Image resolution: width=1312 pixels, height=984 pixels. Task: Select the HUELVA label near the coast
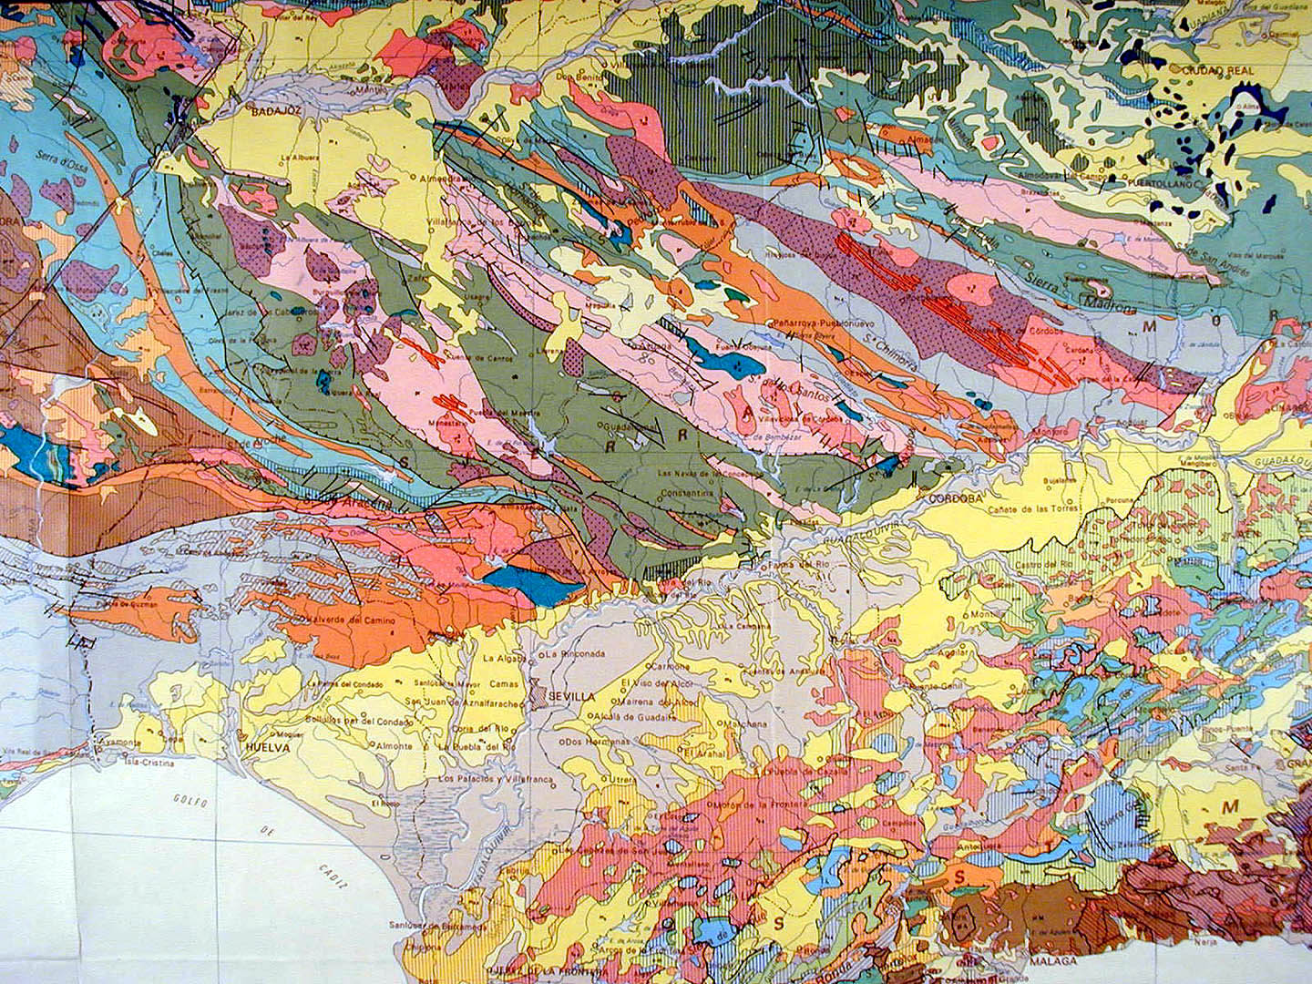[x=268, y=747]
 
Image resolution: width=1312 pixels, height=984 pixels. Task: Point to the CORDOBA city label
[x=955, y=499]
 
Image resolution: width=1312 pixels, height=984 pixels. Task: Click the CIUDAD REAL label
[x=1218, y=70]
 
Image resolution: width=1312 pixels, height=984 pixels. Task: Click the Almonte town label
[x=393, y=745]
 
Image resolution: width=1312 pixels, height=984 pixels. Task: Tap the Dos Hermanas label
[x=598, y=741]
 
